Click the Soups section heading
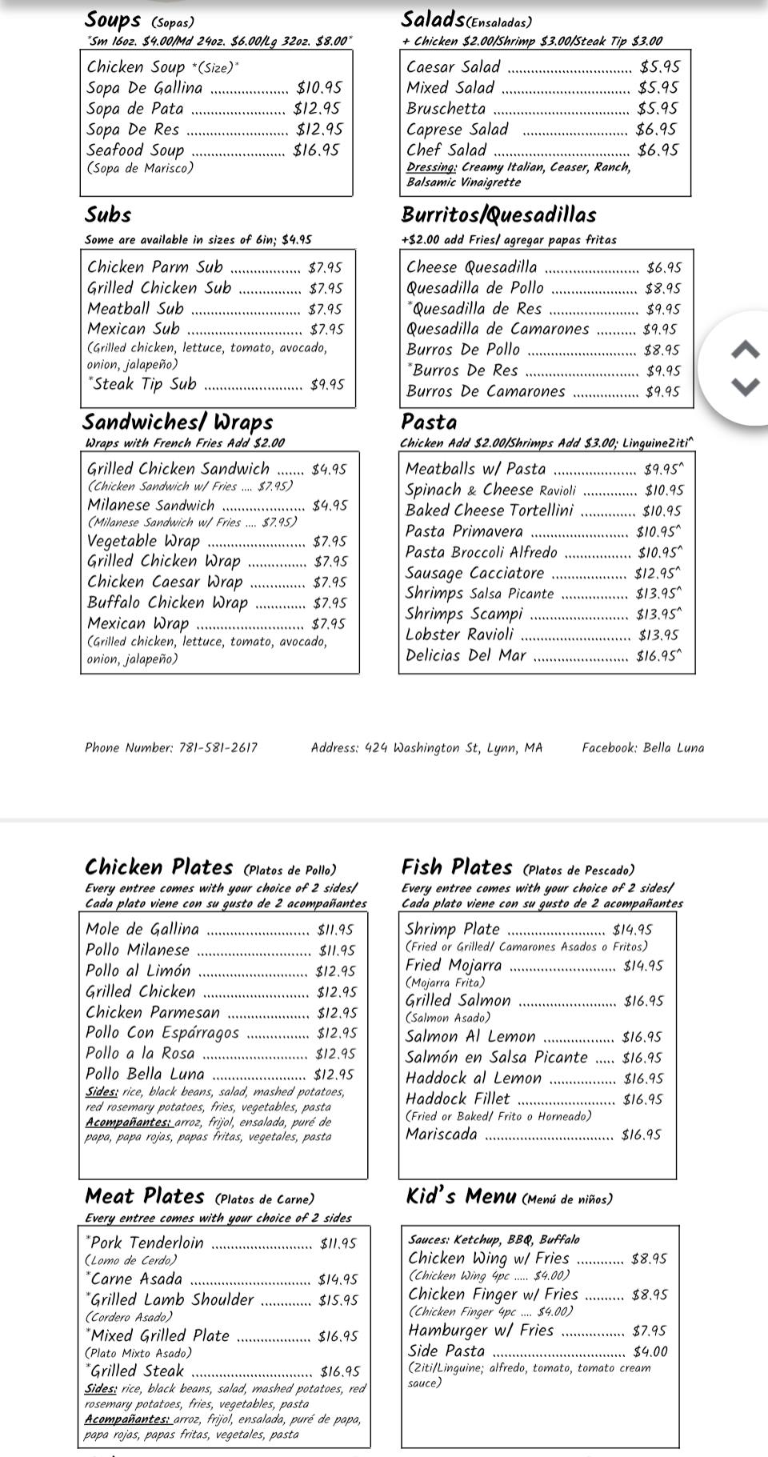tap(113, 19)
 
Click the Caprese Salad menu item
tap(457, 129)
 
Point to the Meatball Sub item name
tap(135, 308)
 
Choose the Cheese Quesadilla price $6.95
tap(664, 268)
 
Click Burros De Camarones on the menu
tap(486, 391)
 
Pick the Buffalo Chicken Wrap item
tap(167, 602)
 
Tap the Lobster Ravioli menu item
tap(459, 634)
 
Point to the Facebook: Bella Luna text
tap(642, 748)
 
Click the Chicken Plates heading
tap(158, 867)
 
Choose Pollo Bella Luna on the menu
tap(145, 1074)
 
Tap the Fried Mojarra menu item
tap(454, 965)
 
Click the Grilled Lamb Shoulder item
tap(171, 1299)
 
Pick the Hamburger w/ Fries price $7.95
tap(650, 1331)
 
